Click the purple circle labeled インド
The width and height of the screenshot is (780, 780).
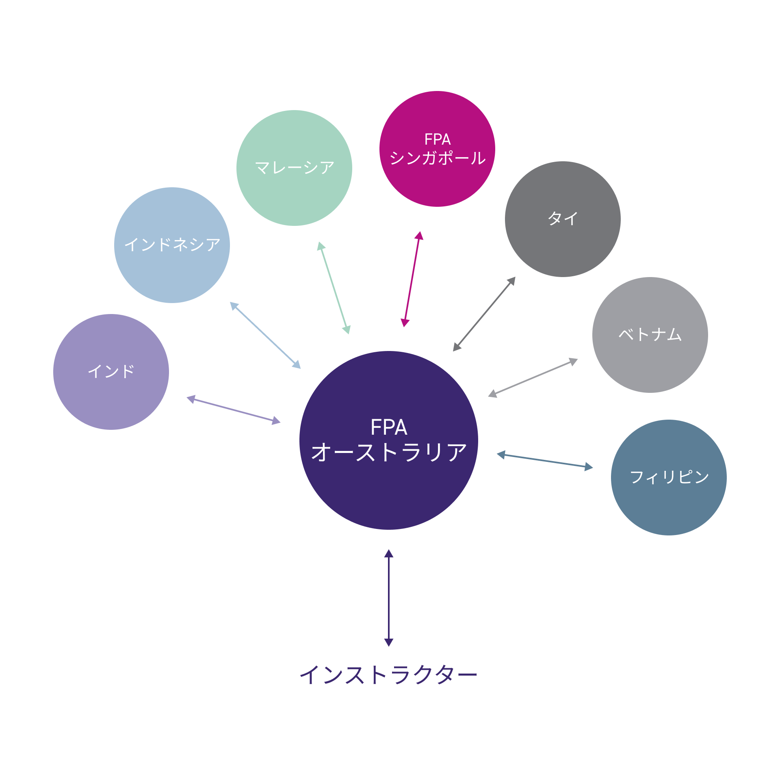[111, 372]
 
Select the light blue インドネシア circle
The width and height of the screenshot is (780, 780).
[172, 245]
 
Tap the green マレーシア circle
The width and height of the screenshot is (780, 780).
[294, 168]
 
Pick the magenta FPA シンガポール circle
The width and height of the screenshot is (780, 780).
[437, 149]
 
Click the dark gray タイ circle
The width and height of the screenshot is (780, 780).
[563, 219]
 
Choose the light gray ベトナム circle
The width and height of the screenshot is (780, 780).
[650, 335]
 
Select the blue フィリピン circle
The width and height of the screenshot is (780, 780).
[669, 477]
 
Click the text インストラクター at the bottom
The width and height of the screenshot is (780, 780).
[388, 675]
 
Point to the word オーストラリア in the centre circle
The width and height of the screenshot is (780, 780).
[389, 452]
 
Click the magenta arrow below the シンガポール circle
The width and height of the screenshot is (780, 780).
[412, 279]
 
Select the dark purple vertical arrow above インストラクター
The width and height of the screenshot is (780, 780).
[389, 598]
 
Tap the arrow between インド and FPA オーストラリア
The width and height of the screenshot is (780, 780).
[234, 410]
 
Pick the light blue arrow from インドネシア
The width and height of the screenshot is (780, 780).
[265, 335]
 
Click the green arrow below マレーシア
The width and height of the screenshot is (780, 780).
[334, 288]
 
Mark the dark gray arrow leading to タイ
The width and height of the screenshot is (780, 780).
[484, 314]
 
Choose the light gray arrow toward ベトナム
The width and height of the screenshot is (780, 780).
[533, 378]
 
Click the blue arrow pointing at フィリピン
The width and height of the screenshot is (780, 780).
[545, 461]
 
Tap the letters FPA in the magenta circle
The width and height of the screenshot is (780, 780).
[438, 139]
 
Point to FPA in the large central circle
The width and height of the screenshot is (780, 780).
[389, 427]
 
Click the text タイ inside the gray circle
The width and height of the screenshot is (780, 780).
[563, 219]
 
